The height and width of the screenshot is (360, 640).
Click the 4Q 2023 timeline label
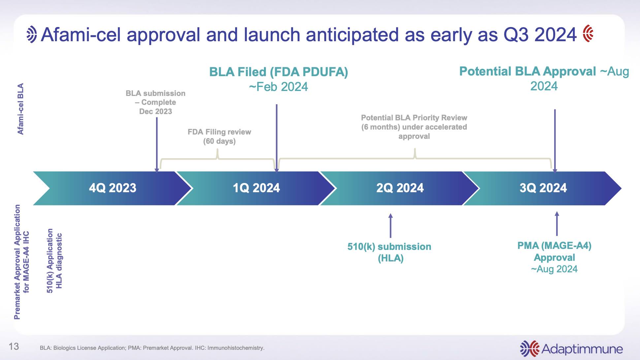pos(112,188)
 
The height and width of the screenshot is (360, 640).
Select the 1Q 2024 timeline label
pos(256,188)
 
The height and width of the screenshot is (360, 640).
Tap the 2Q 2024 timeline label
pos(400,188)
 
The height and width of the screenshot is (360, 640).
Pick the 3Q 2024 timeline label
pos(543,188)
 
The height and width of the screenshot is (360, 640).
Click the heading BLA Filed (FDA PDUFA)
pos(278,72)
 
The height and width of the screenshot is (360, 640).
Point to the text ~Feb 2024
pos(278,87)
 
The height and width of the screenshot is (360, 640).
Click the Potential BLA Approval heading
pos(528,72)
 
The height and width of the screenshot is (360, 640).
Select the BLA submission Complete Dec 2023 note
pos(155,102)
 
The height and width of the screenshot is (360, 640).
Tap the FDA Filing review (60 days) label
pos(219,136)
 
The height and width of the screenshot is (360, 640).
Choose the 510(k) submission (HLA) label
pos(389,252)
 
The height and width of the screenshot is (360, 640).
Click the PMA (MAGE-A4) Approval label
pos(554,252)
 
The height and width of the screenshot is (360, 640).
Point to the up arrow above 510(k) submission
pos(391,225)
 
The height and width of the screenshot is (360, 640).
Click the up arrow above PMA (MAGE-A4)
pos(557,224)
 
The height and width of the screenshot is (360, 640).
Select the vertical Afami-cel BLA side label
pos(20,109)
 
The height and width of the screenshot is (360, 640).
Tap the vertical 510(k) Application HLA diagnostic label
pos(54,260)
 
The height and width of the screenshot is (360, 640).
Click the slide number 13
pos(14,346)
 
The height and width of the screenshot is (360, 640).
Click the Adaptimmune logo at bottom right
pos(571,349)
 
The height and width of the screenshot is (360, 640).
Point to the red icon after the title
pos(588,34)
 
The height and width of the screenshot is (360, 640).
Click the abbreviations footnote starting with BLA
pos(152,348)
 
